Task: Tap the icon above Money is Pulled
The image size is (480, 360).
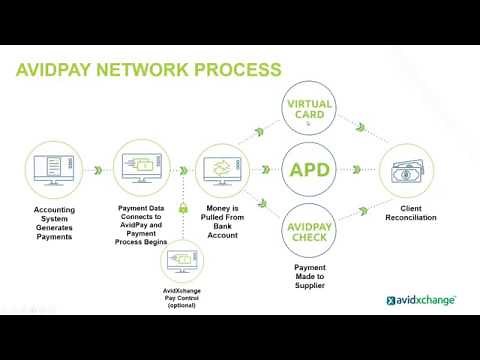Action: [x=221, y=168]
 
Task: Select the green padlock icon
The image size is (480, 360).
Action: [x=183, y=209]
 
